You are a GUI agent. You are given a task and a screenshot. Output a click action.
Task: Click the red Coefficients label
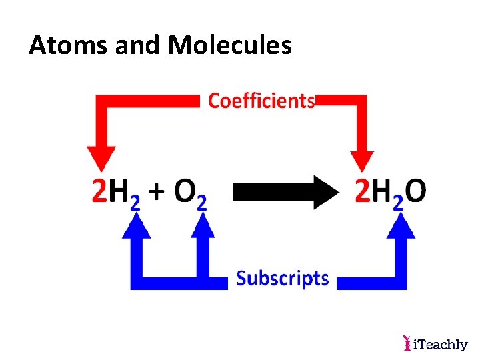click(x=261, y=101)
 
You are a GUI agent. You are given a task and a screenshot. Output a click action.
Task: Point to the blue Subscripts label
click(x=283, y=277)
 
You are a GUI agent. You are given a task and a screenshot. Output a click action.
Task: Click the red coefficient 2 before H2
click(x=99, y=193)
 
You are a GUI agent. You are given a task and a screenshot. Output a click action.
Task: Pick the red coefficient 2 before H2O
click(x=363, y=193)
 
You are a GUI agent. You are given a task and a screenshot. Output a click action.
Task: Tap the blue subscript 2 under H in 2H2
click(x=135, y=203)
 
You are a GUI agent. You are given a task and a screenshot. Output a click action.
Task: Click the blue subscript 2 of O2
click(x=202, y=203)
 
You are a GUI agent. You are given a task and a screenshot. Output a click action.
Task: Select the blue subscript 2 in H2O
click(x=398, y=203)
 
